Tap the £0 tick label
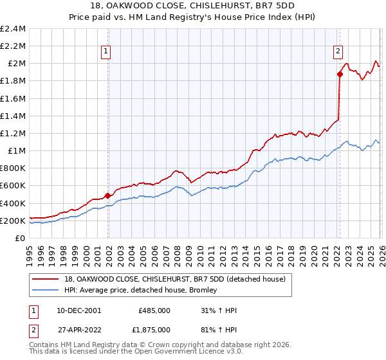(21, 238)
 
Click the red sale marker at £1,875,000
(340, 74)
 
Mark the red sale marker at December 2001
(107, 195)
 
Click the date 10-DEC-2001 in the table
(80, 310)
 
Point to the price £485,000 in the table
(154, 310)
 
